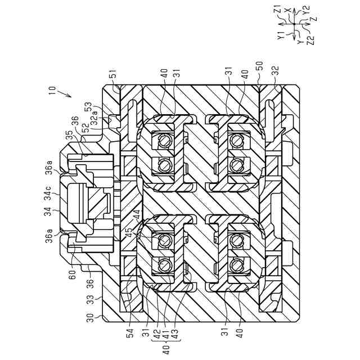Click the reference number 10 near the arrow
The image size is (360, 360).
click(x=52, y=89)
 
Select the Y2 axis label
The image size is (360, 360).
click(x=306, y=25)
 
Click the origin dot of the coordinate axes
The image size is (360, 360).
click(x=294, y=25)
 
